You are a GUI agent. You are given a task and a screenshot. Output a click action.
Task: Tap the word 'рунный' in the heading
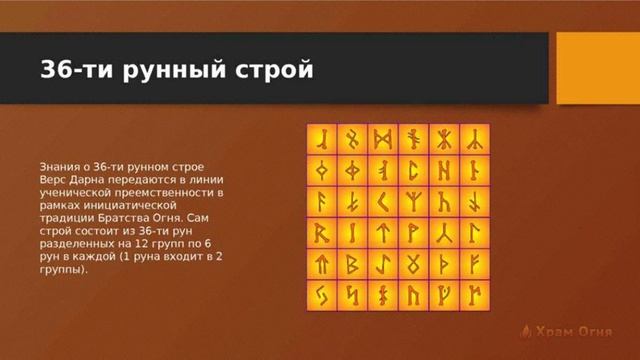tap(172, 71)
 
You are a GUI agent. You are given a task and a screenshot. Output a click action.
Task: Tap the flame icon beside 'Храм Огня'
tap(526, 330)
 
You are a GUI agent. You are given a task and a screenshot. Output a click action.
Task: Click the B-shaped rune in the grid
tap(352, 265)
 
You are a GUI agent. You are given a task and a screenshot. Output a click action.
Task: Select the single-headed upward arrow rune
tap(383, 233)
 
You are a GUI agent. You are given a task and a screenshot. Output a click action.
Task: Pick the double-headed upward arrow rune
tap(321, 265)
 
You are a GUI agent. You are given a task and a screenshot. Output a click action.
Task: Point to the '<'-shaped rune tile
tap(383, 202)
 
